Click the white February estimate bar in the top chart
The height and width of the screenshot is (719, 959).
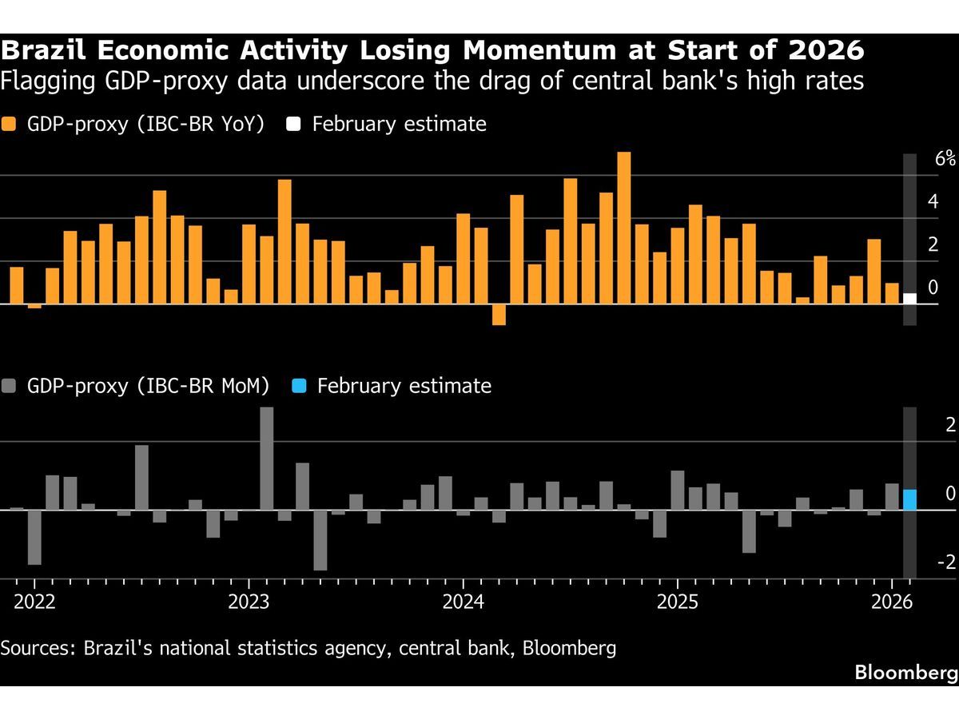(909, 299)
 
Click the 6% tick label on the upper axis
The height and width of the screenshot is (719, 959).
(945, 159)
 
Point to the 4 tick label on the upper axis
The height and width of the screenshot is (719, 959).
(933, 201)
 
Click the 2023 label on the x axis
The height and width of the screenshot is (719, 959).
(248, 602)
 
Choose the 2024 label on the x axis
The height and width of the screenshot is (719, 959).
(463, 602)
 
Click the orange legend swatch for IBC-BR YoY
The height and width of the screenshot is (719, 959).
(10, 125)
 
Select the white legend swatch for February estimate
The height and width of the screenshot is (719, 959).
(294, 125)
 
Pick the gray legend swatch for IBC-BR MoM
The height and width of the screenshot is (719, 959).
(10, 387)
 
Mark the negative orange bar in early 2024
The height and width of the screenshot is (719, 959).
(499, 315)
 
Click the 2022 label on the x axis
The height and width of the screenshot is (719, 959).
(34, 602)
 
